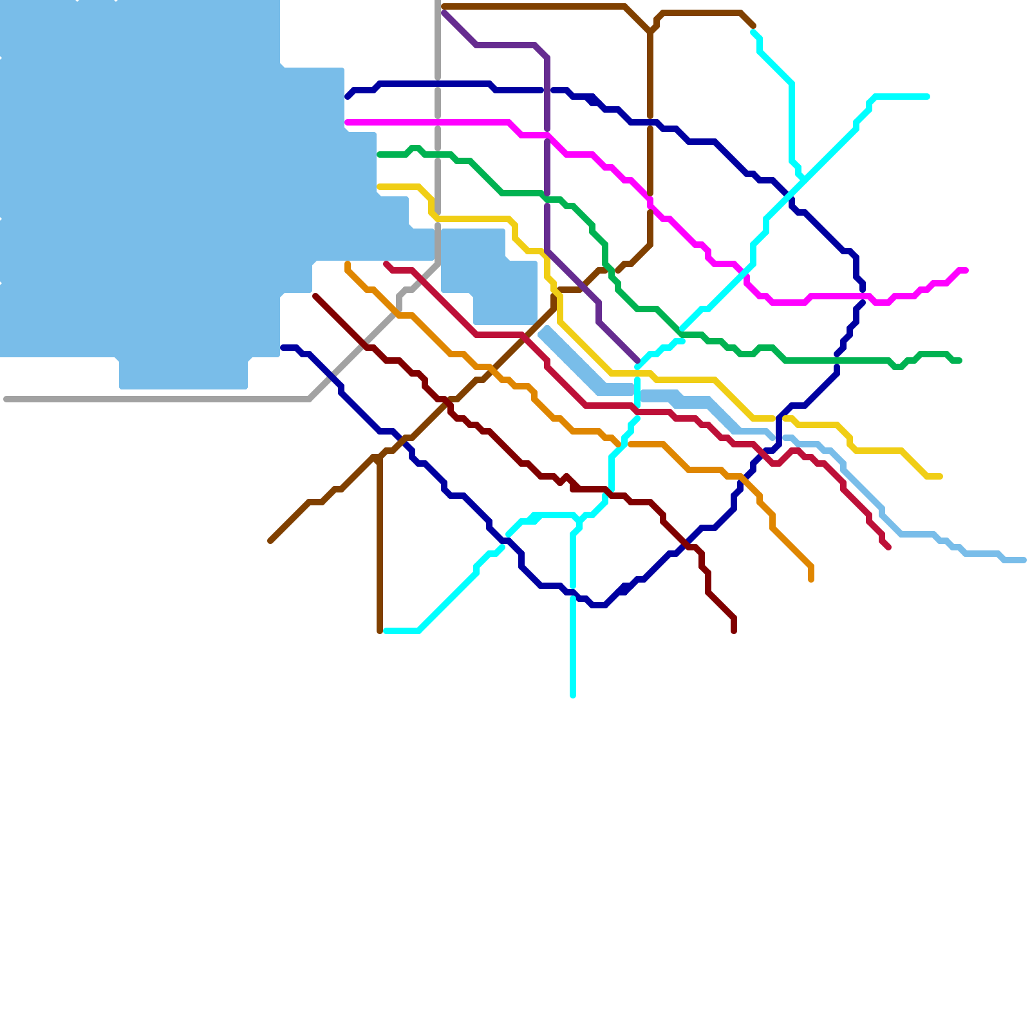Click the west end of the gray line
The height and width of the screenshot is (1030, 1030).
click(x=6, y=399)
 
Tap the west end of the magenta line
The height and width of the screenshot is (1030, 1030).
click(x=347, y=122)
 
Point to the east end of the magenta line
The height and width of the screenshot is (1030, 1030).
click(x=966, y=270)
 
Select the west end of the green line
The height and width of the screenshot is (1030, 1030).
click(x=379, y=154)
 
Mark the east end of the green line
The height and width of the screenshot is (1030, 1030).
click(x=960, y=360)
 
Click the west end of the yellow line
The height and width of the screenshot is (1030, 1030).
click(x=379, y=187)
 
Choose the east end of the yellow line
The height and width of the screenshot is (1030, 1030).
click(x=941, y=476)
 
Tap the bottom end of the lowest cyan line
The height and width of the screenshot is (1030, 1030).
click(x=573, y=695)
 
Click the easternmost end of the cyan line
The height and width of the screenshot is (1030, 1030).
click(x=928, y=97)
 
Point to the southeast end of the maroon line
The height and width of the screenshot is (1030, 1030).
click(x=734, y=632)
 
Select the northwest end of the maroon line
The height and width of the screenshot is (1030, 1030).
click(x=315, y=296)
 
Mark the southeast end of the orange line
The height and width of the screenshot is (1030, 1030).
click(x=811, y=579)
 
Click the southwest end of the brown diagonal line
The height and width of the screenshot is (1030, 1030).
click(x=270, y=541)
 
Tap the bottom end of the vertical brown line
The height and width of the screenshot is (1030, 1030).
click(x=380, y=631)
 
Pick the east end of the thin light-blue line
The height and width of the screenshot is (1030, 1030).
click(x=1024, y=560)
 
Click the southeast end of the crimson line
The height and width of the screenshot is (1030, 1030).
click(x=888, y=548)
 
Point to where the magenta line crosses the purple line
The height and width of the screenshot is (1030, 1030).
click(x=547, y=135)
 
